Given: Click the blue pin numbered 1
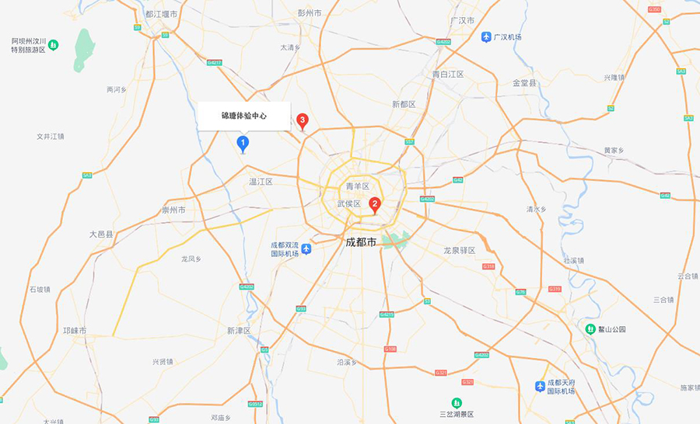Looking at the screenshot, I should pyautogui.click(x=243, y=143).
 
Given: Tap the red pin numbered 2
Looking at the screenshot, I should pyautogui.click(x=374, y=205).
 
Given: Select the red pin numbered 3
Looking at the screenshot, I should pyautogui.click(x=303, y=120).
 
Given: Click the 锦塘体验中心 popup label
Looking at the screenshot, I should pyautogui.click(x=243, y=116).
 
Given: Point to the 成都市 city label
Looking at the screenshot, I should pyautogui.click(x=360, y=242).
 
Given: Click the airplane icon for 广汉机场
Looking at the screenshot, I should pyautogui.click(x=486, y=37).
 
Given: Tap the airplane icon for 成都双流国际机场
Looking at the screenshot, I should pyautogui.click(x=306, y=248).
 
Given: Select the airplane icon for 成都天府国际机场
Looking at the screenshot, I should pyautogui.click(x=540, y=386).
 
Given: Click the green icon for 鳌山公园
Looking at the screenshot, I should pyautogui.click(x=590, y=329).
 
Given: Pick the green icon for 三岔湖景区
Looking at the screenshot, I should pyautogui.click(x=457, y=402).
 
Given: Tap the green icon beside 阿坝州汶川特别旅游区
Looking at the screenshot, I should pyautogui.click(x=53, y=45).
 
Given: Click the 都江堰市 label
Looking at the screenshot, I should pyautogui.click(x=161, y=14).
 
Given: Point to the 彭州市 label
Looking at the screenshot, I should pyautogui.click(x=309, y=13).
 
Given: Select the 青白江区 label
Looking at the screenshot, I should pyautogui.click(x=448, y=74).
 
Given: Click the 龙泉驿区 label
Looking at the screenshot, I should pyautogui.click(x=459, y=251).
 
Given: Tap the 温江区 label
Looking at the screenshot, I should pyautogui.click(x=261, y=182).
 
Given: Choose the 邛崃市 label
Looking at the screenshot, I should pyautogui.click(x=75, y=331).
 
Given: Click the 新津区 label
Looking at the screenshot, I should pyautogui.click(x=239, y=331).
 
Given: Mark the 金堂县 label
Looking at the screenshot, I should pyautogui.click(x=524, y=82).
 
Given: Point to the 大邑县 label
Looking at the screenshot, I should pyautogui.click(x=101, y=234).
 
